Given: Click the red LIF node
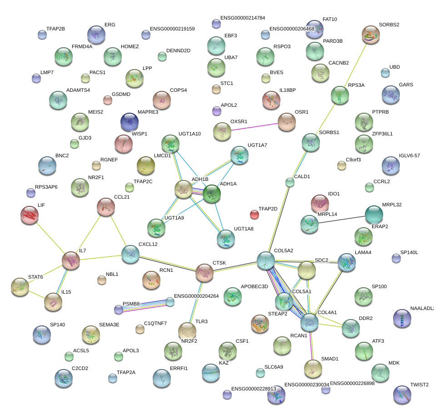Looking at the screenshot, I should [30, 215].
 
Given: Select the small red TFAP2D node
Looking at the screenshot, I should [254, 214].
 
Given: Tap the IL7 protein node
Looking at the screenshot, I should [71, 260].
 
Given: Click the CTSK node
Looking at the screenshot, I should [205, 273].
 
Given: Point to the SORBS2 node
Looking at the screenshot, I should [371, 35].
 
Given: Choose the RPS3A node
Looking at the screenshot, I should [339, 95].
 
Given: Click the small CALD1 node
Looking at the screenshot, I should [290, 183].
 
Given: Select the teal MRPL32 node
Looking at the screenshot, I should [374, 215].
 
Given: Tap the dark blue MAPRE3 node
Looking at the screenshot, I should [130, 122].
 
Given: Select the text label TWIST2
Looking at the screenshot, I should [419, 385].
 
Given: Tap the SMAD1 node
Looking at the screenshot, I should [313, 368].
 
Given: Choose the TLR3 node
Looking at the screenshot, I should [186, 331].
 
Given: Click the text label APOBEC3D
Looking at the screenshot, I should [254, 287].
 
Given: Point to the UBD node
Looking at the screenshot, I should [385, 73].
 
